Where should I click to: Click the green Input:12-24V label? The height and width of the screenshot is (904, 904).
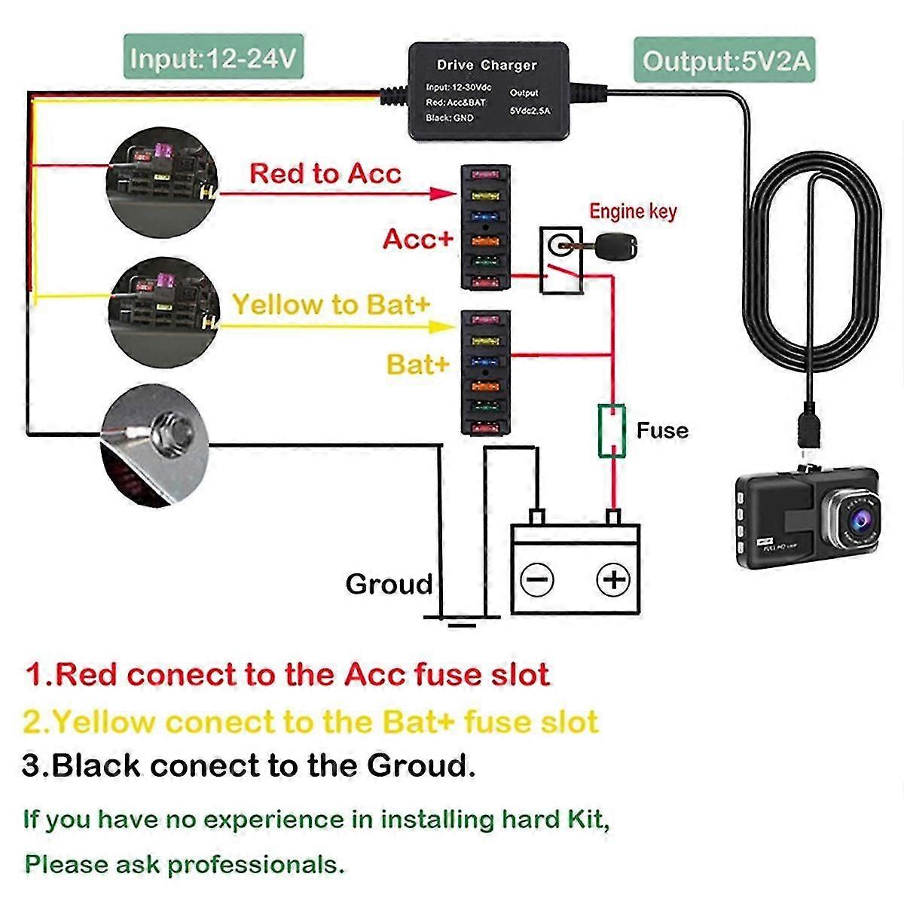[213, 57]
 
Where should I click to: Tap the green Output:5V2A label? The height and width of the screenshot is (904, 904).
[727, 60]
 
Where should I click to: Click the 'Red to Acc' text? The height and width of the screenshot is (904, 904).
[325, 173]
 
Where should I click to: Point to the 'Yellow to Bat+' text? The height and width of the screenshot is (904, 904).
[331, 304]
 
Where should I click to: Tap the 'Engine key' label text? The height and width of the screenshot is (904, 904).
[633, 212]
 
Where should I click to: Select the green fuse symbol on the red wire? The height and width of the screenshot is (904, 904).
[612, 431]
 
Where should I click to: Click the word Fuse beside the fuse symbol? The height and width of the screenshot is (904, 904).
[662, 431]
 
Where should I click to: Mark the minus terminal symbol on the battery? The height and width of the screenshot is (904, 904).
[537, 580]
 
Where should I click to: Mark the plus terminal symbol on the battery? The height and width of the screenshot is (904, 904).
[613, 579]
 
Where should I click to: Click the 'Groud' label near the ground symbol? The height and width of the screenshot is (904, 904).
[389, 585]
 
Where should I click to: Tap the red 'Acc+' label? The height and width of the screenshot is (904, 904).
[418, 239]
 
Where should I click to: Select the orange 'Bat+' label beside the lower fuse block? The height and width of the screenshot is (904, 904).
[418, 365]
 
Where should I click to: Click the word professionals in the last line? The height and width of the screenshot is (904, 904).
[256, 864]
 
